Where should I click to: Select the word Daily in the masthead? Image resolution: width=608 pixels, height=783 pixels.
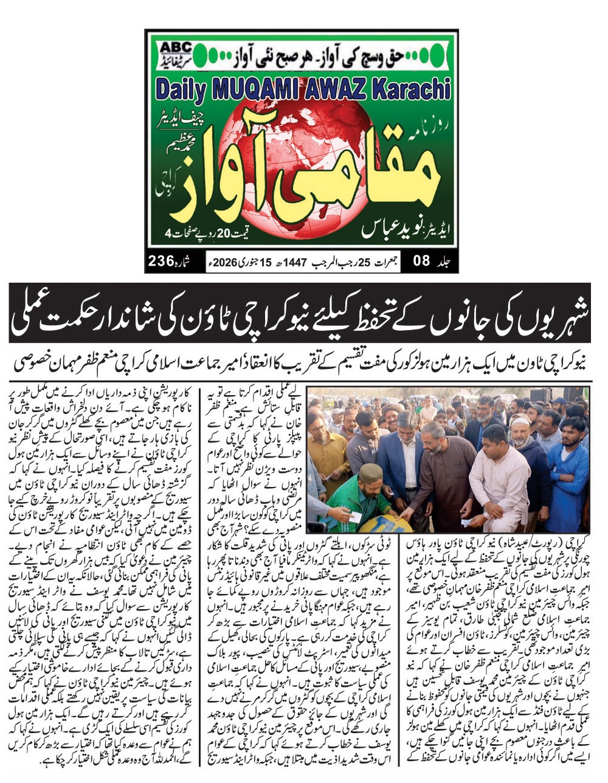180,89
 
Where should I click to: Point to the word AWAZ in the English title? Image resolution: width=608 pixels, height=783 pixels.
328,89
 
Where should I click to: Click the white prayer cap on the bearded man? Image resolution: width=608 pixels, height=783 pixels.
520,421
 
